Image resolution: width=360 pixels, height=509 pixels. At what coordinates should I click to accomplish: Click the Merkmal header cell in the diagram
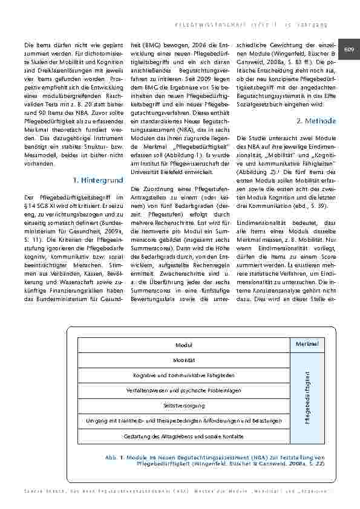coord(307,343)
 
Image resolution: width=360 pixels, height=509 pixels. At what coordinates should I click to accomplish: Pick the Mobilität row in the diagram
coord(184,360)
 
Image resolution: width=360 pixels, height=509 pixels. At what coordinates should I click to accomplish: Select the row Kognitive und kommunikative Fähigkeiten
coord(184,375)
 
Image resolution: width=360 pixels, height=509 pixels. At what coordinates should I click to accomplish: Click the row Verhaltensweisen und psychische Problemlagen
coord(184,391)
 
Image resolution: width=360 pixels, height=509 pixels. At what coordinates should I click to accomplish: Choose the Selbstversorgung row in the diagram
coord(184,405)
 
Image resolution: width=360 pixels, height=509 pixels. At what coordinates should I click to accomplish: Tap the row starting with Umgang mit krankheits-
coord(184,420)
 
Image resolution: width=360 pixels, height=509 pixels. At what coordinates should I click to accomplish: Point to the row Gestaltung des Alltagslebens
coord(184,435)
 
